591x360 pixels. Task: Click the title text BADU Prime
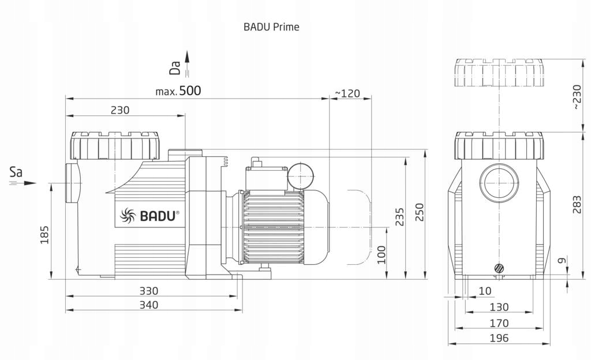(271, 27)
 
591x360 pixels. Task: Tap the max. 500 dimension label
(178, 91)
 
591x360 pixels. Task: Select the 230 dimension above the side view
(119, 110)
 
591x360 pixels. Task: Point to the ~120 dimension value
(347, 93)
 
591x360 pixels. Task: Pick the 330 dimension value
(148, 291)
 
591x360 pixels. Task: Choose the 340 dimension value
(148, 305)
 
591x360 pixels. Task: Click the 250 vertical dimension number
(420, 212)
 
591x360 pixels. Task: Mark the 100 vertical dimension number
(381, 254)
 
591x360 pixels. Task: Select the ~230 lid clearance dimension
(577, 97)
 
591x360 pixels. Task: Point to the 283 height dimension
(577, 204)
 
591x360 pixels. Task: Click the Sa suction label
(17, 171)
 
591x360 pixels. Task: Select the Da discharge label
(175, 69)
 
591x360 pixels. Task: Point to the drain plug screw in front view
(498, 268)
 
